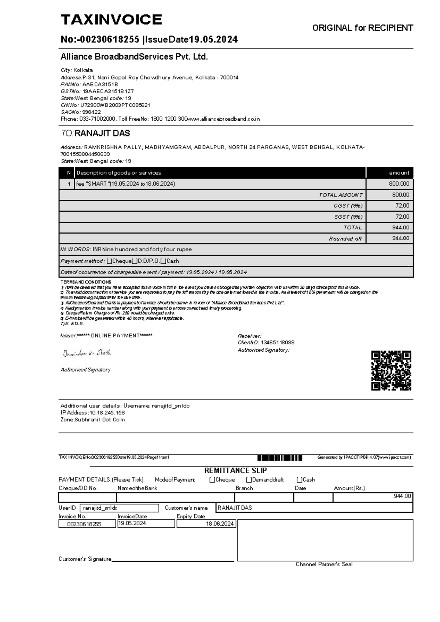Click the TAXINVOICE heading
point(111,20)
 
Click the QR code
point(391,370)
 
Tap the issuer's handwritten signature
point(87,353)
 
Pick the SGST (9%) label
point(348,217)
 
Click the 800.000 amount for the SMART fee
point(399,184)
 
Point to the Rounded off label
point(345,239)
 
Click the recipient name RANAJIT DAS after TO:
point(102,133)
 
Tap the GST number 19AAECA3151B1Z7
point(108,91)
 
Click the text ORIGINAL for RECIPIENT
point(362,28)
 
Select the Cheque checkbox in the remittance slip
point(212,480)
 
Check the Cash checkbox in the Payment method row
point(163,261)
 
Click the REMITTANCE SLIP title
point(235,471)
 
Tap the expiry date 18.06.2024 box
point(206,524)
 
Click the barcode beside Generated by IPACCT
point(280,458)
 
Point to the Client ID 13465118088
point(277,343)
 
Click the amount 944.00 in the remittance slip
point(402,496)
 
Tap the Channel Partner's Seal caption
point(324,564)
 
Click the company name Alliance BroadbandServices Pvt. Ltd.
point(134,57)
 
